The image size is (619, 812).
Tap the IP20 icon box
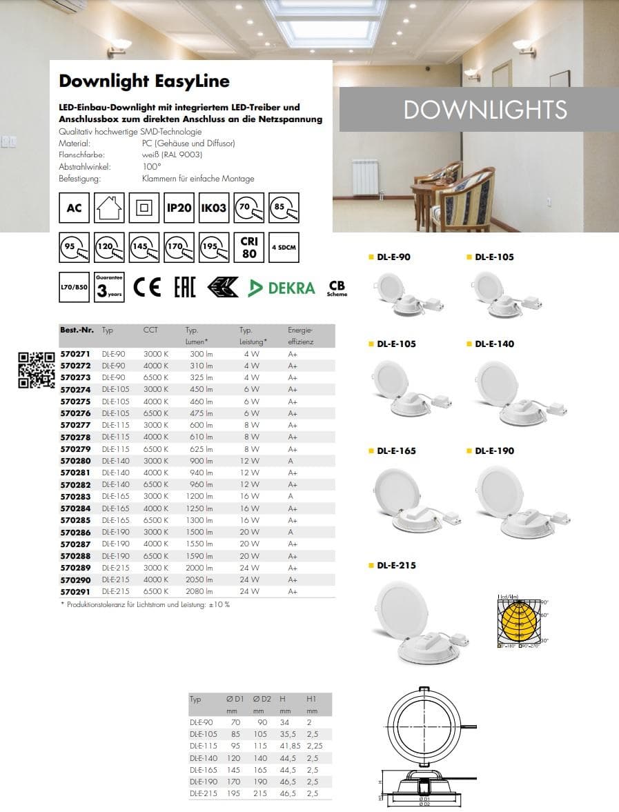point(179,207)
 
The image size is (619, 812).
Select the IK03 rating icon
point(214,207)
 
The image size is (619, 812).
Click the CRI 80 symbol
point(249,247)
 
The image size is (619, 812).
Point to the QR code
point(37,370)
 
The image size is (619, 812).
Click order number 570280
point(75,461)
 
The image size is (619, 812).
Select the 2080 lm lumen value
point(199,591)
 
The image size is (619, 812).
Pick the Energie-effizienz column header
point(300,336)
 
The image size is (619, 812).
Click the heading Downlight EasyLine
point(144,81)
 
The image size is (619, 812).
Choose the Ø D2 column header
point(259,699)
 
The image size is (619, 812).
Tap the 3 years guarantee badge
point(110,288)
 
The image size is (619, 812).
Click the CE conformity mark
point(147,288)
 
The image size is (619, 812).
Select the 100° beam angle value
point(151,166)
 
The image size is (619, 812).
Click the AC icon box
point(75,207)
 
